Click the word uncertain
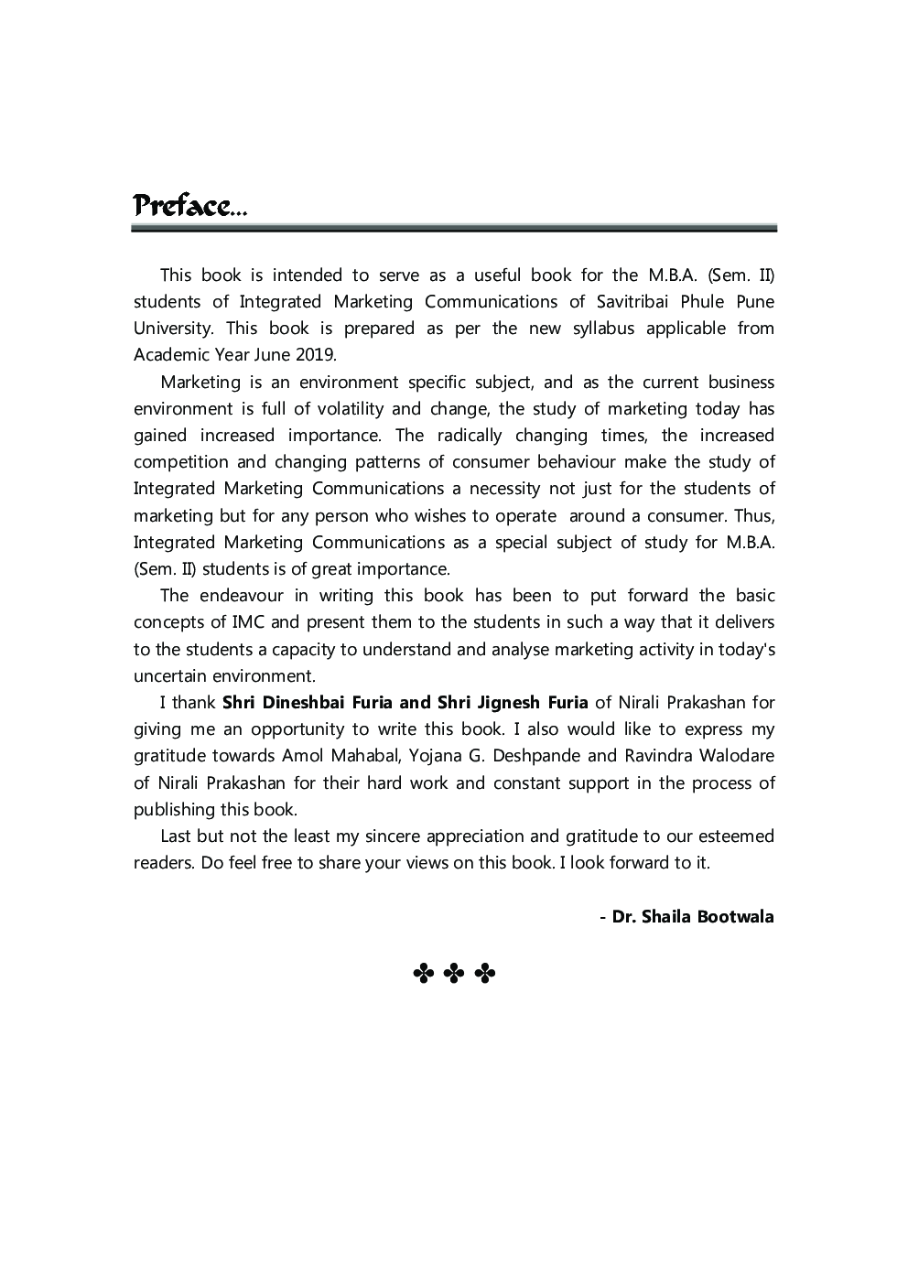click(170, 676)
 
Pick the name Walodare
click(736, 756)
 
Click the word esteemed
click(736, 836)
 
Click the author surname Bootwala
click(735, 916)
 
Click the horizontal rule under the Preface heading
click(454, 228)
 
